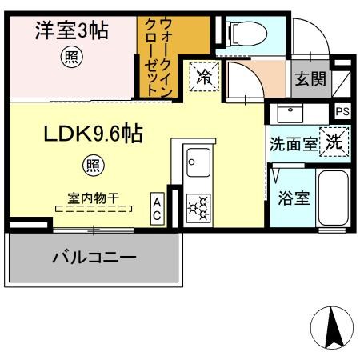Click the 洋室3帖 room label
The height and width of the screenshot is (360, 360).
(x=71, y=32)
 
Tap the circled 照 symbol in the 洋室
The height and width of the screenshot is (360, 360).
(x=71, y=58)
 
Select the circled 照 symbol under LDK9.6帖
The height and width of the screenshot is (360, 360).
(x=94, y=166)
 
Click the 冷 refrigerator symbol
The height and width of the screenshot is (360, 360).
(x=203, y=78)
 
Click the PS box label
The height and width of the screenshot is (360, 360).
(x=342, y=111)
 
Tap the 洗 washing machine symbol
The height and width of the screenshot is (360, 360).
(x=334, y=142)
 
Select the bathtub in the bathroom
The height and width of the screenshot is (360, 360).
(x=332, y=198)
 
